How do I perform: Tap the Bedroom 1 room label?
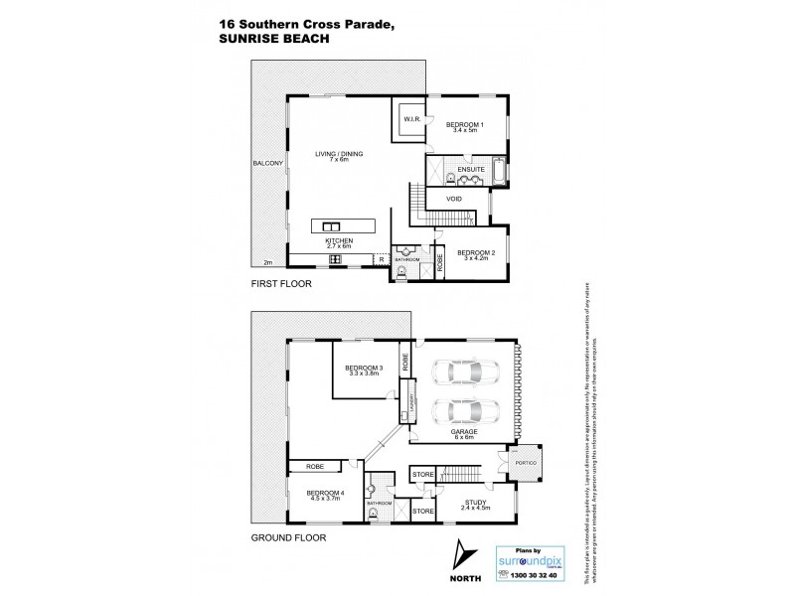click(464, 126)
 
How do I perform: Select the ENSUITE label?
click(471, 170)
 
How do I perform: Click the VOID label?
click(453, 199)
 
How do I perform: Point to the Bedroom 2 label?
click(474, 254)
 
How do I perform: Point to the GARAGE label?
click(464, 433)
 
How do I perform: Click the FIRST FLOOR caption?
click(282, 284)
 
